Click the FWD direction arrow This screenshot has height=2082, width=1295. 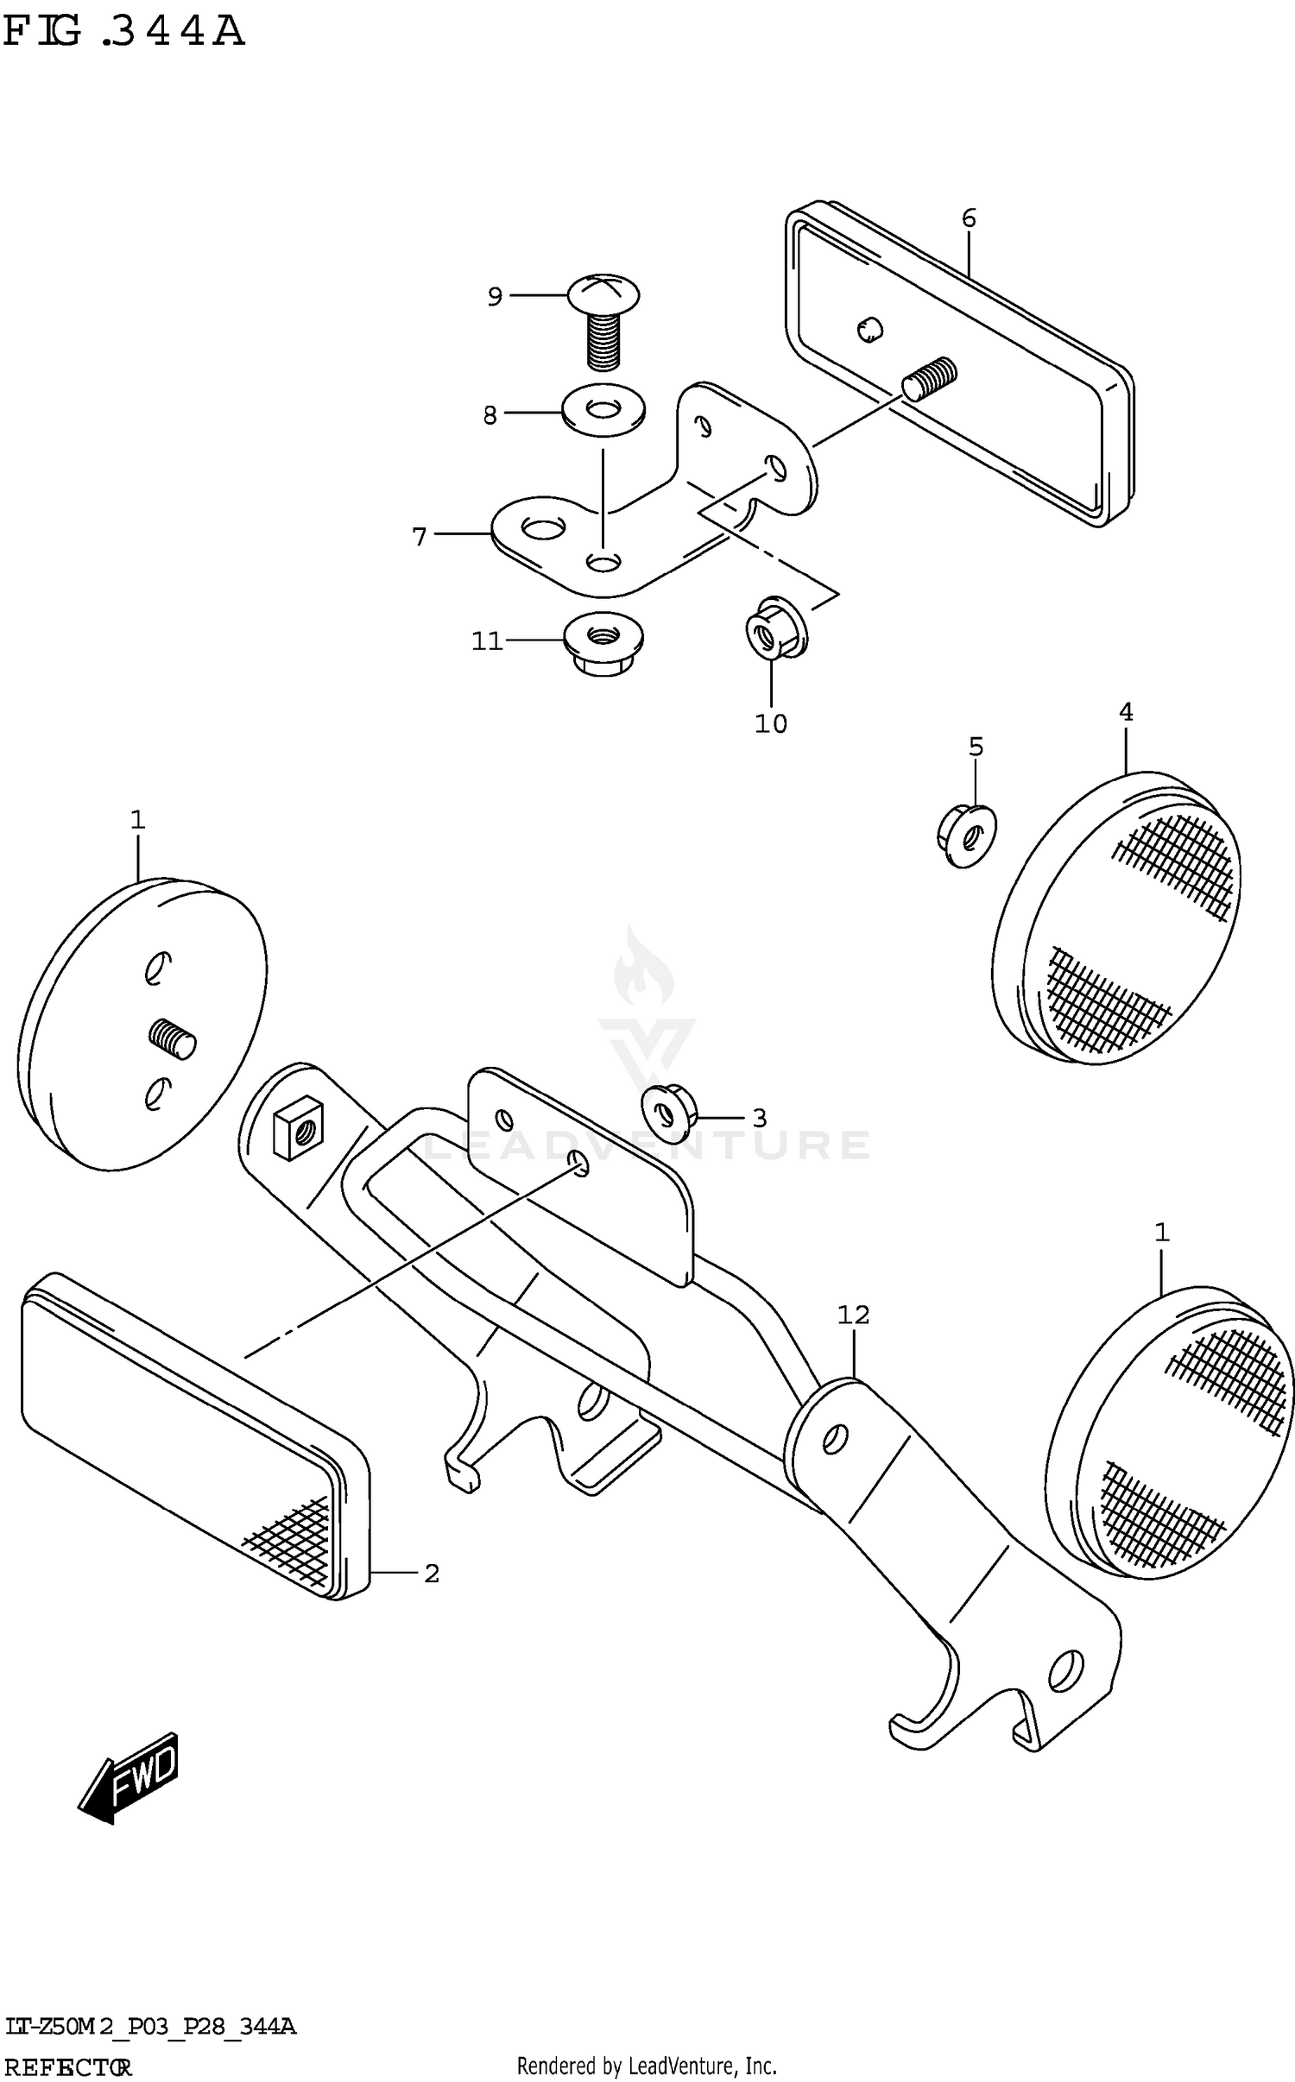click(128, 1776)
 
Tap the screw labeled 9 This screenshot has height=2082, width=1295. click(603, 319)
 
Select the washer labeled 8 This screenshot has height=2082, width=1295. click(603, 409)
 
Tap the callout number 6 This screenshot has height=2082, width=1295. click(969, 218)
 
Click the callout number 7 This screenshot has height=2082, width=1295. click(420, 537)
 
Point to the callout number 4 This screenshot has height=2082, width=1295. click(1126, 712)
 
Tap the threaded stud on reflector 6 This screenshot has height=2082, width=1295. click(931, 377)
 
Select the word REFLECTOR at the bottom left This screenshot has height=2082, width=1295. click(67, 2067)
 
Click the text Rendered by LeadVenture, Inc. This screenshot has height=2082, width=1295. click(647, 2066)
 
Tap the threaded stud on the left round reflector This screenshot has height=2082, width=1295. click(173, 1038)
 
